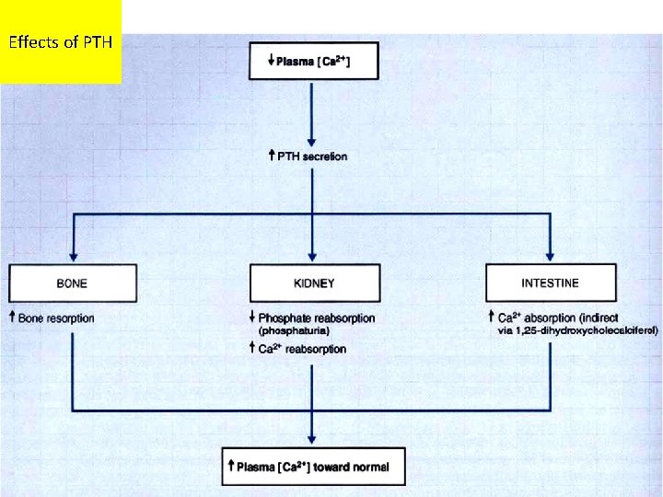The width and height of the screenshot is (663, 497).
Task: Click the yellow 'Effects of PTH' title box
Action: (x=61, y=41)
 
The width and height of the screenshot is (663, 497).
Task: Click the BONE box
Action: (x=73, y=283)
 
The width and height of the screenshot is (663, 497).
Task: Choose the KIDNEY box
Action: (x=315, y=283)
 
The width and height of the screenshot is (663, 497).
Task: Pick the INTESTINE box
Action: (x=550, y=283)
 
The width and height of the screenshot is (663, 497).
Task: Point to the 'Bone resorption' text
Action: (x=56, y=318)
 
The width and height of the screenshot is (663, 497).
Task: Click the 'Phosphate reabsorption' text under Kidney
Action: (x=317, y=318)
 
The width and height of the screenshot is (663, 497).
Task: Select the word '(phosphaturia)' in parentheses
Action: (x=294, y=330)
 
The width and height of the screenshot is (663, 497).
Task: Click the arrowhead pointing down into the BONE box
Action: (x=73, y=258)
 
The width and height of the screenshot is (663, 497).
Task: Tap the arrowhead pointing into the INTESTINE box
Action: (x=550, y=258)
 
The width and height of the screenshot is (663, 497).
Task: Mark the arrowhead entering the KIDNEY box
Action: (x=314, y=258)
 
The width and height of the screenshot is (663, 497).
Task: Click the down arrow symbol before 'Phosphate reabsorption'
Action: (x=251, y=318)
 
